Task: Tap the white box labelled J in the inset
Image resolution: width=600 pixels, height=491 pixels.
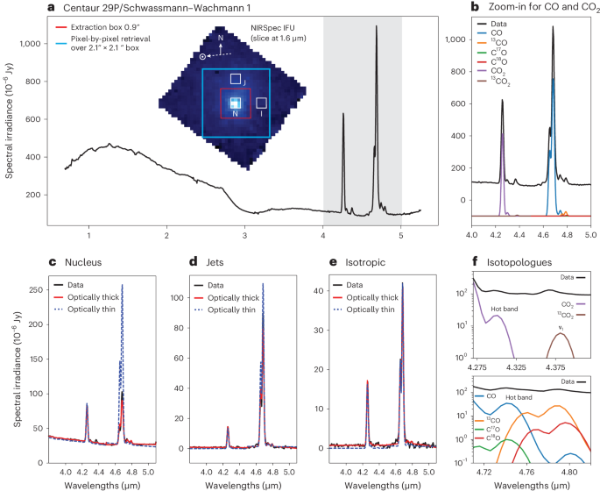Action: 236,79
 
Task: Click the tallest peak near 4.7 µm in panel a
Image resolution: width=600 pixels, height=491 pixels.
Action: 377,26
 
